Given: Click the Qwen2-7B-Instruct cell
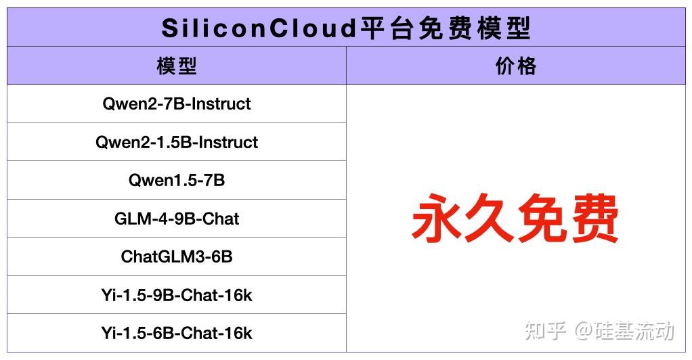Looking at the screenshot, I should point(177,104).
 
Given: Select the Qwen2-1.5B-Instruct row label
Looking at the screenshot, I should point(177,142).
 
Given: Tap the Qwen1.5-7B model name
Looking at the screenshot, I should point(177,181).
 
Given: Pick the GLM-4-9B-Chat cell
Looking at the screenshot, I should point(177,219).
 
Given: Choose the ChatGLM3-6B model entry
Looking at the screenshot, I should point(177,257).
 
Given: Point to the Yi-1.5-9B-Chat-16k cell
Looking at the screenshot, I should point(177,295).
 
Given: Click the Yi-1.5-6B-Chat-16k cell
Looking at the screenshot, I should point(177,333).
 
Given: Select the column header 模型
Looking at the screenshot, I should point(177,66).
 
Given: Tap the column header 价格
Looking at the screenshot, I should point(516,66).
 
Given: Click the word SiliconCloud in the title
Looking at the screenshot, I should point(258,28).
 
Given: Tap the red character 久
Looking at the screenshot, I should point(489,219).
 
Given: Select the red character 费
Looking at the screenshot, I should point(594,219).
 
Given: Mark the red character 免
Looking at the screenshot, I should point(541,219).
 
